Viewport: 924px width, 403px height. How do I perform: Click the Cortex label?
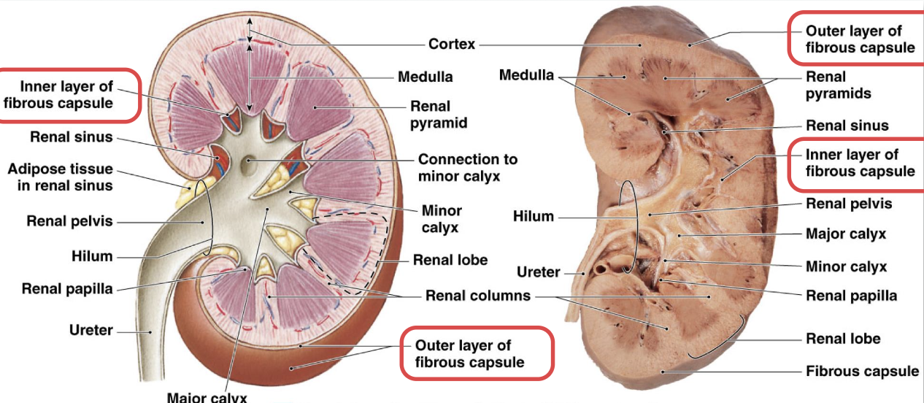click(x=452, y=44)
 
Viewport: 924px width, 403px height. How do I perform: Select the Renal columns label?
click(x=478, y=296)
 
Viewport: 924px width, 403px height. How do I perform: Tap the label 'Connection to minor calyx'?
click(x=467, y=167)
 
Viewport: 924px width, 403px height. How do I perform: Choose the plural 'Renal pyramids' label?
click(x=838, y=85)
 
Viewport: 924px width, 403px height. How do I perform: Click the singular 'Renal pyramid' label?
click(x=437, y=115)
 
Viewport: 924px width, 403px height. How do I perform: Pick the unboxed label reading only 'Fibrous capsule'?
click(x=862, y=372)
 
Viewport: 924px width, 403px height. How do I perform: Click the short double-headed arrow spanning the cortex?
click(x=250, y=31)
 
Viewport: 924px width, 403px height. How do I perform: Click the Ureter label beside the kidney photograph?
click(x=538, y=272)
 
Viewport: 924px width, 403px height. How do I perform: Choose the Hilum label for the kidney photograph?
click(x=534, y=217)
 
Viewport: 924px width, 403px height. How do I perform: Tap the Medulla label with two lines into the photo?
click(x=526, y=75)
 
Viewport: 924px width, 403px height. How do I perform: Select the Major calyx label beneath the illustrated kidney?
click(x=207, y=398)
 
